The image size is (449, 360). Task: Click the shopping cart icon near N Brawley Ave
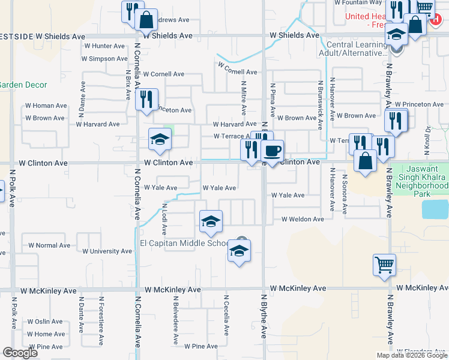pyautogui.click(x=384, y=264)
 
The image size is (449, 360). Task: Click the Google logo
pyautogui.click(x=20, y=353)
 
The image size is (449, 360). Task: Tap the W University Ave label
pyautogui.click(x=107, y=251)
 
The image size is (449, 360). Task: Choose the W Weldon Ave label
pyautogui.click(x=303, y=220)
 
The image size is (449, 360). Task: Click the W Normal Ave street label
pyautogui.click(x=49, y=245)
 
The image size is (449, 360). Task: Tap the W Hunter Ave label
pyautogui.click(x=104, y=46)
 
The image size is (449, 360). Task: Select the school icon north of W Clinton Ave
pyautogui.click(x=160, y=140)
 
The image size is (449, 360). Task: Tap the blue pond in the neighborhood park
pyautogui.click(x=435, y=209)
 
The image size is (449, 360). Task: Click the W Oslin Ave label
pyautogui.click(x=45, y=321)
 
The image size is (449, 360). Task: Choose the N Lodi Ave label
pyautogui.click(x=164, y=219)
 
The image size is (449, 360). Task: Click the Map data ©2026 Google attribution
pyautogui.click(x=411, y=355)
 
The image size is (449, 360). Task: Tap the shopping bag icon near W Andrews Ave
pyautogui.click(x=146, y=19)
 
